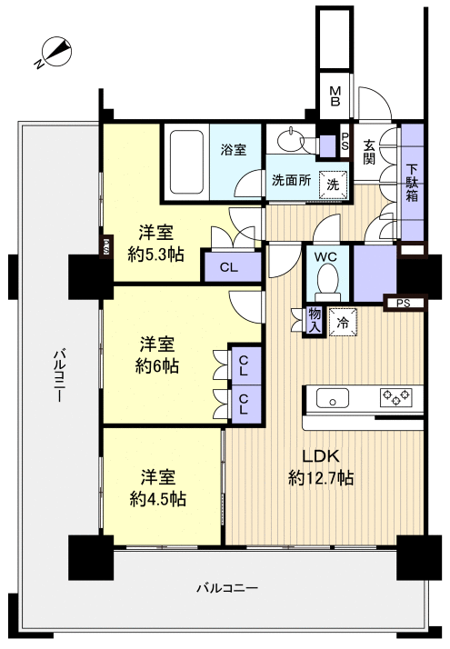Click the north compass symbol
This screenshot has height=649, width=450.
click(x=55, y=53)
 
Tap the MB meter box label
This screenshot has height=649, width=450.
click(x=335, y=95)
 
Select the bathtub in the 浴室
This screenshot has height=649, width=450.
click(x=186, y=162)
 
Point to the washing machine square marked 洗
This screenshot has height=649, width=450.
click(x=334, y=185)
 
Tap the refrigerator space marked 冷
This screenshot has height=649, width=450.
click(x=343, y=323)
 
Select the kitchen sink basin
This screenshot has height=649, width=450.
click(x=333, y=398)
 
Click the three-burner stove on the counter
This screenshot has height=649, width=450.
click(x=396, y=398)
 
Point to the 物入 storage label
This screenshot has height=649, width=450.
click(x=315, y=320)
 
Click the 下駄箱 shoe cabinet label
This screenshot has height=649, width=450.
click(x=412, y=183)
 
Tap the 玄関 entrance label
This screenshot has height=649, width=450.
click(x=369, y=152)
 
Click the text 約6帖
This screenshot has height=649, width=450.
click(x=157, y=366)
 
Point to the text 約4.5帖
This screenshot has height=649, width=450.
click(x=158, y=499)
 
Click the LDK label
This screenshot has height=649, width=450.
click(x=321, y=456)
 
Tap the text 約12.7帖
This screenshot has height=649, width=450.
click(x=321, y=478)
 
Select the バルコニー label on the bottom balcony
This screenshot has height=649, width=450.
click(x=227, y=588)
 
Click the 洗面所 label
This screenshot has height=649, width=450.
click(x=292, y=180)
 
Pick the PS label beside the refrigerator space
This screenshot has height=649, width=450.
click(x=404, y=304)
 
